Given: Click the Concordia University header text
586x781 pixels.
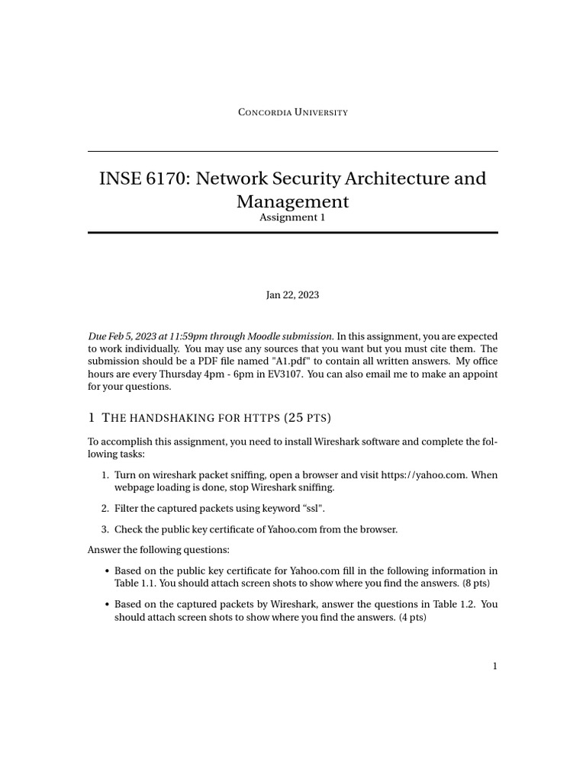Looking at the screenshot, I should coord(293,112).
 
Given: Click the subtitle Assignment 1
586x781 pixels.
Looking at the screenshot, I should coord(293,217).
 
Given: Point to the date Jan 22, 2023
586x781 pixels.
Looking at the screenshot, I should coord(293,295).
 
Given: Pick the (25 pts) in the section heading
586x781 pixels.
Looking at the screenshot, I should coord(307,418).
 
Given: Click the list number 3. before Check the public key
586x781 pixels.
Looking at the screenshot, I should coord(105,529).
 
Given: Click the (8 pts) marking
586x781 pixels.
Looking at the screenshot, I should coord(476,583).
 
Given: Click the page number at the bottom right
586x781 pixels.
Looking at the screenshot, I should coord(494,666).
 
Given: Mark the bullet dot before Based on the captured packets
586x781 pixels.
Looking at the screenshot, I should coord(105,604).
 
